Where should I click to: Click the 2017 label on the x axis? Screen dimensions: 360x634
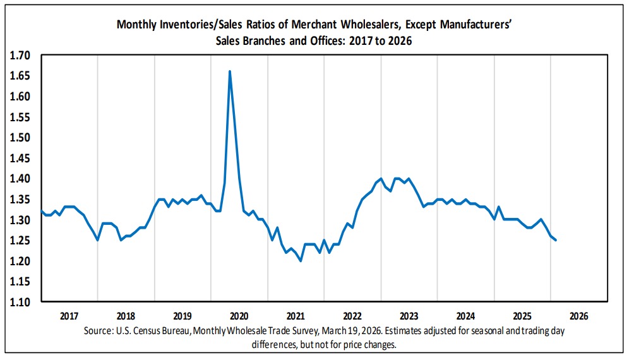(69, 315)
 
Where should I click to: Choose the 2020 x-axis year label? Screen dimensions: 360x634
(239, 315)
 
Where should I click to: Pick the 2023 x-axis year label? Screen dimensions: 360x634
(409, 315)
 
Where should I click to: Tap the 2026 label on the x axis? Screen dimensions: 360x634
(578, 315)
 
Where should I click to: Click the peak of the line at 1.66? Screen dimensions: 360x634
(229, 71)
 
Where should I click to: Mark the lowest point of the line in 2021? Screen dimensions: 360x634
(301, 261)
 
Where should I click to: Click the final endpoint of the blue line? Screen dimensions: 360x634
(555, 240)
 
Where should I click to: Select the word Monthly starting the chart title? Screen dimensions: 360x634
(137, 25)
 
